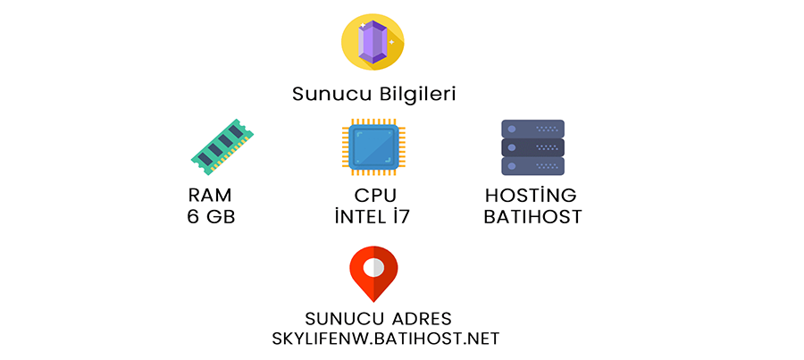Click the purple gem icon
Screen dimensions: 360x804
(373, 43)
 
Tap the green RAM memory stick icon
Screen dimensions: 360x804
(222, 146)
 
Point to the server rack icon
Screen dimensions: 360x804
(532, 147)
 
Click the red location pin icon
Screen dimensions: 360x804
(373, 273)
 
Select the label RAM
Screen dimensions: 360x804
(212, 196)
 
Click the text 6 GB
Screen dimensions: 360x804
(212, 216)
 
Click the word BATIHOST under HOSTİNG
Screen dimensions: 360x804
(532, 216)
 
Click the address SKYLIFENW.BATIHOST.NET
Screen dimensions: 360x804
(385, 339)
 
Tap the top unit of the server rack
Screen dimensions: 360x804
(532, 128)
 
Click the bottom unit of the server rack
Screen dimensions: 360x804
(532, 167)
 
